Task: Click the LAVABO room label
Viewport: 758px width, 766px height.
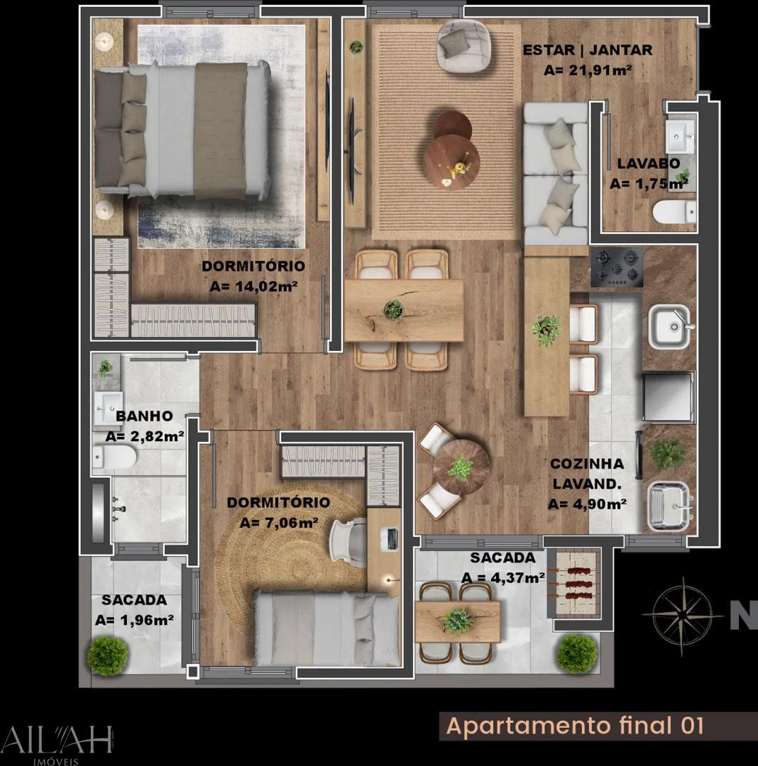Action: (648, 163)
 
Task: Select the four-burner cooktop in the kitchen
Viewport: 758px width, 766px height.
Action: (616, 266)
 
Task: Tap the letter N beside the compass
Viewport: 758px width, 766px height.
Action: (743, 614)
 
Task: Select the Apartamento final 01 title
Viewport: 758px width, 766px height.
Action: (575, 726)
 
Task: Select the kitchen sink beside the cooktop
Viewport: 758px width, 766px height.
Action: (669, 327)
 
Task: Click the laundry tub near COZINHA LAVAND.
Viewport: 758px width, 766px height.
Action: (669, 505)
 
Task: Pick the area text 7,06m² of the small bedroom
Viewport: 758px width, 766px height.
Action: (279, 523)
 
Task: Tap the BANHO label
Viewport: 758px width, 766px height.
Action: (145, 416)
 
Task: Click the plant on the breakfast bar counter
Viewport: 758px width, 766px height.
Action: (546, 330)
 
